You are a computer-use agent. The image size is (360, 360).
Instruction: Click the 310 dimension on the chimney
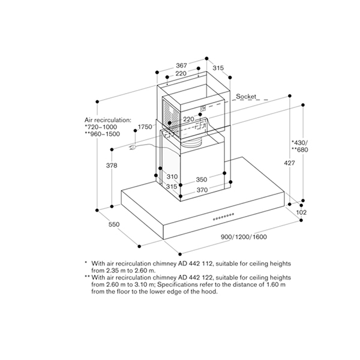click(172, 177)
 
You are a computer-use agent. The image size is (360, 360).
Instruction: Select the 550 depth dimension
click(114, 224)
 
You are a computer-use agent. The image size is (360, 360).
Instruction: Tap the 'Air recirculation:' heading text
click(107, 120)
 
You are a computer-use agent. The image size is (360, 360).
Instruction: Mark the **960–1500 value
click(103, 134)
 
